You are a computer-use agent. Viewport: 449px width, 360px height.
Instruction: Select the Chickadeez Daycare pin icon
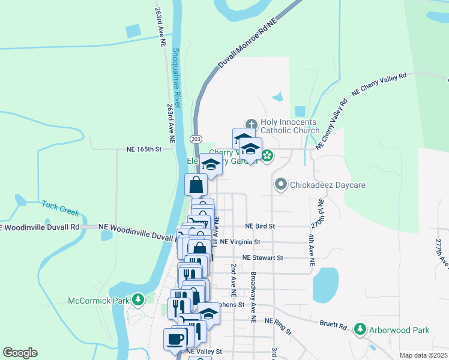coord(280,185)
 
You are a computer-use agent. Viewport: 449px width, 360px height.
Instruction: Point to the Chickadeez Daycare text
coord(328,185)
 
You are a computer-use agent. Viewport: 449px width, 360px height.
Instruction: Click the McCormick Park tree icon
coord(138,299)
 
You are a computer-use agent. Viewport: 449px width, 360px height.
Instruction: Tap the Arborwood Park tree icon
coord(360,329)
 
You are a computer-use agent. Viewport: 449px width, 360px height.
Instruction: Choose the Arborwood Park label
coord(399,329)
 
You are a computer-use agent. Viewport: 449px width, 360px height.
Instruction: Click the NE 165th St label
coord(145,148)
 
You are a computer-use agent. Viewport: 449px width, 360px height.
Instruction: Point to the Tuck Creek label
coord(61,207)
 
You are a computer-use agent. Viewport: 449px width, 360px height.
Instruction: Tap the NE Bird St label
coord(260,226)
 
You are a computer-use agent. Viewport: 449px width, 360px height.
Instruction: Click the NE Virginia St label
coord(240,242)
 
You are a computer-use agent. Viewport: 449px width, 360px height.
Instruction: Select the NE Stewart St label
coord(262,257)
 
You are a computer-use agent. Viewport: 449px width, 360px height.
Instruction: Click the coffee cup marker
coord(175,338)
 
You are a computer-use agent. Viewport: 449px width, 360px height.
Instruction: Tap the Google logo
coord(20,353)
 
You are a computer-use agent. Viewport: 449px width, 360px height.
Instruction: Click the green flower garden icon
coord(267,157)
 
